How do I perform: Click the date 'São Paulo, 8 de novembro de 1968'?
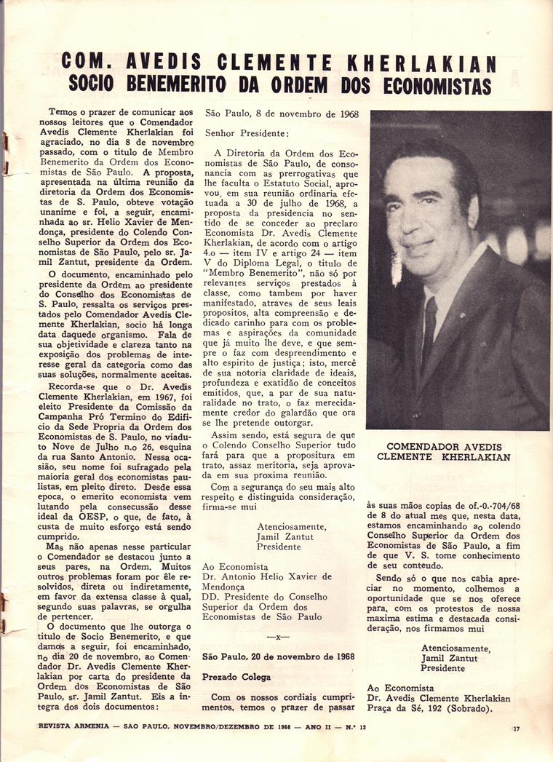click(x=281, y=114)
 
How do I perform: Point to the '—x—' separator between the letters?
click(x=279, y=636)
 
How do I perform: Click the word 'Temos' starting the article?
click(x=63, y=113)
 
